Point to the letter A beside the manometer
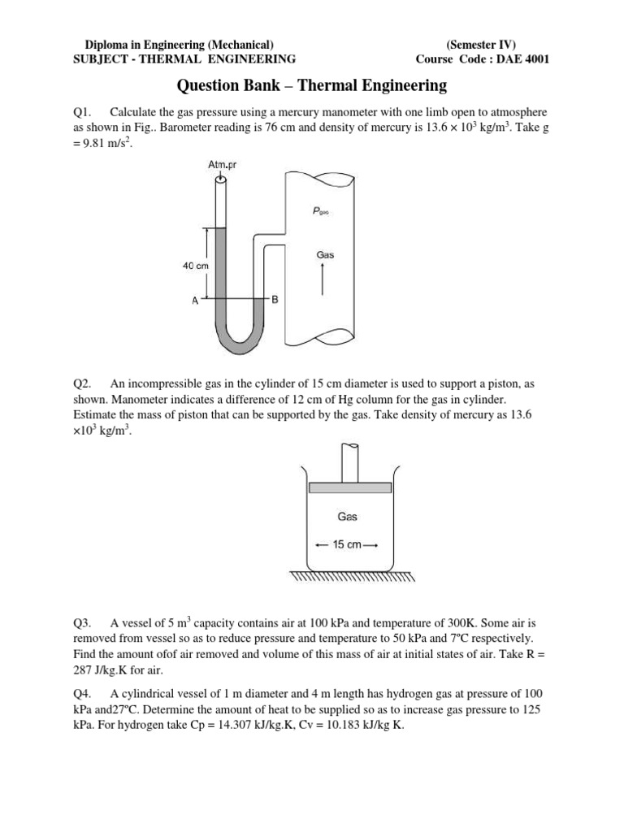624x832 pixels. pos(195,300)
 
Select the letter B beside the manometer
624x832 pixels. pos(275,300)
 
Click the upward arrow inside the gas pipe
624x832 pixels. pos(324,281)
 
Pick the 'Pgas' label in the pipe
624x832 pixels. pos(321,210)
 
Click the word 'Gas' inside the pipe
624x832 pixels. pos(325,254)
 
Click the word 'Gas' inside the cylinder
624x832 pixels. pos(347,516)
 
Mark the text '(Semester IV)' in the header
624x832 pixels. pos(481,45)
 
